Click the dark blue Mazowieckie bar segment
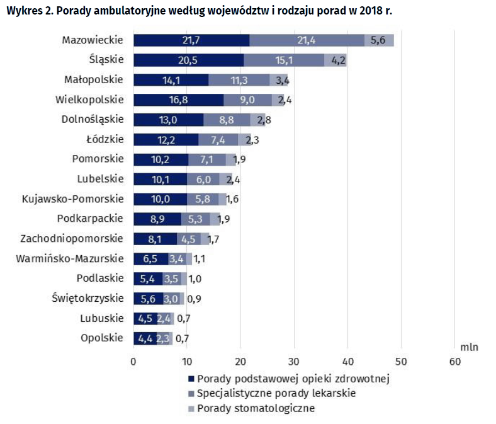(191, 40)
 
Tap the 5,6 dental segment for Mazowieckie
(379, 40)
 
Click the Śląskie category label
(106, 60)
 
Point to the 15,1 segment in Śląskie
(284, 60)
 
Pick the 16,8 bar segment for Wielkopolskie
(179, 100)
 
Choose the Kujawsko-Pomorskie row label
(72, 199)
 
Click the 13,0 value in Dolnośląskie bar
(169, 120)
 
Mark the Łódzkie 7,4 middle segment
(218, 139)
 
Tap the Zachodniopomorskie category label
(72, 239)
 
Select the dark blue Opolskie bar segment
(145, 338)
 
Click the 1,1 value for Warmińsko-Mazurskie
(200, 259)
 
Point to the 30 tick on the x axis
(294, 362)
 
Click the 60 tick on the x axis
(454, 362)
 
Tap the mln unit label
(469, 347)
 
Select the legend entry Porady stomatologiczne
(256, 408)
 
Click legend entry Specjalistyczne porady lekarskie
(276, 393)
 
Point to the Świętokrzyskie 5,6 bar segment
(148, 299)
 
